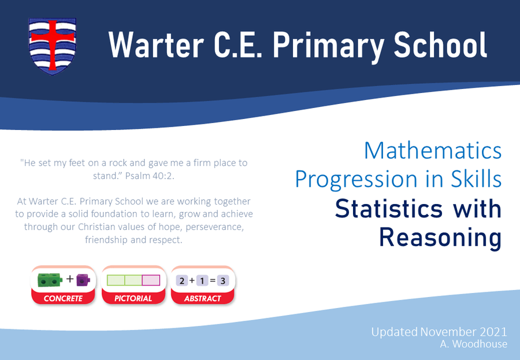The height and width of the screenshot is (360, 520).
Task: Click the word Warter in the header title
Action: (156, 45)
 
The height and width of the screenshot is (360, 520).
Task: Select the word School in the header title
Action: (440, 44)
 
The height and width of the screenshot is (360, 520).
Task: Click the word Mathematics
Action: (433, 151)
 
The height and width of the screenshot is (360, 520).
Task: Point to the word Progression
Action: (356, 180)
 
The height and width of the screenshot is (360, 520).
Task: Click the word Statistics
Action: (389, 209)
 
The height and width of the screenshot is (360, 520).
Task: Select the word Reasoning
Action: (440, 238)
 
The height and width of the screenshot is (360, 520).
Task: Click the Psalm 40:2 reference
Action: (150, 176)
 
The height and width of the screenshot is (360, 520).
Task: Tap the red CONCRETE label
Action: (63, 298)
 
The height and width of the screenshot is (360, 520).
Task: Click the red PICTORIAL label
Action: (133, 298)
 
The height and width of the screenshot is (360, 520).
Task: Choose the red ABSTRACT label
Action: (203, 298)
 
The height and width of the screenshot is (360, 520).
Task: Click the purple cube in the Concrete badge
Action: (83, 280)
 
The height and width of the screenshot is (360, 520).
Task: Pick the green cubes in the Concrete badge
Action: (50, 280)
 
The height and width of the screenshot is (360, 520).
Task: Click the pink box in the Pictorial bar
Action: (151, 280)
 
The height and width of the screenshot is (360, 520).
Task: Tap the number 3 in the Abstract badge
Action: (223, 281)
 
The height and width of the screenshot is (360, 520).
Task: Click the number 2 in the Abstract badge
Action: (182, 281)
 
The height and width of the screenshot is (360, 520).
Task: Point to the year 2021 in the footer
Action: (493, 332)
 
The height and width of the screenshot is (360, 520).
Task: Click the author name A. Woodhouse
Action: (474, 344)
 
